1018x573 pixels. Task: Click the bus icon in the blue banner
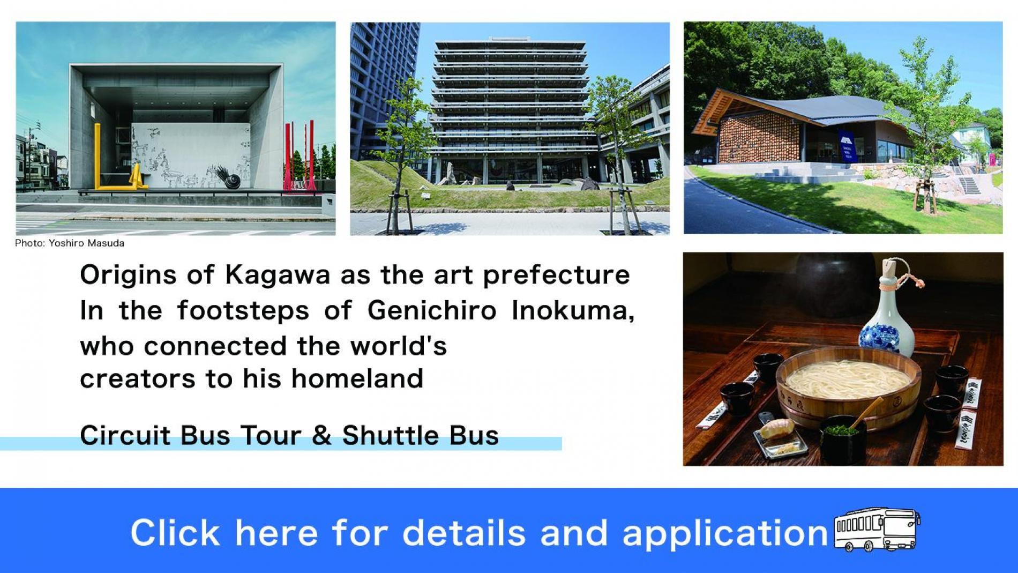[x=877, y=530]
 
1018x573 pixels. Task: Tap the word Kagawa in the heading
[x=278, y=276]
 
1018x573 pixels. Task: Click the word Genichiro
[x=432, y=310]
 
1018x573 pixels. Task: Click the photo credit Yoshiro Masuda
[x=86, y=243]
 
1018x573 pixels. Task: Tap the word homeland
[x=357, y=378]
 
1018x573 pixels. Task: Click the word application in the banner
[x=725, y=533]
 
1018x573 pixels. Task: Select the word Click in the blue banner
[x=175, y=532]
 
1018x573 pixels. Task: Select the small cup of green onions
[x=843, y=436]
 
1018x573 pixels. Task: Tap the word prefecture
[x=557, y=276]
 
